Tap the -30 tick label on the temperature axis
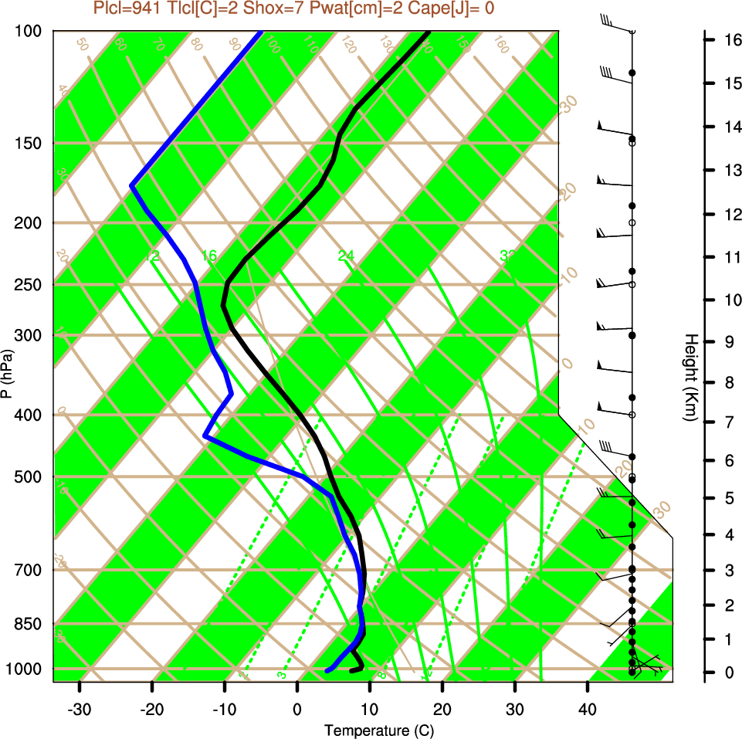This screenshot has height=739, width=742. [80, 710]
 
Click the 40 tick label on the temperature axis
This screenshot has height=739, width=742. [588, 710]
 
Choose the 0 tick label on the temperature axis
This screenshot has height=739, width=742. [297, 710]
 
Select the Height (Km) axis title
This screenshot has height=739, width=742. [691, 378]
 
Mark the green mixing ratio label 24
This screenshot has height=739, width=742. [346, 256]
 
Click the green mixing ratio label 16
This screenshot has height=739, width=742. [209, 256]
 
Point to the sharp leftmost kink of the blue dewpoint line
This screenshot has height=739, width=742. [132, 186]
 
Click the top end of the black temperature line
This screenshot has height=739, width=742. [428, 32]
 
